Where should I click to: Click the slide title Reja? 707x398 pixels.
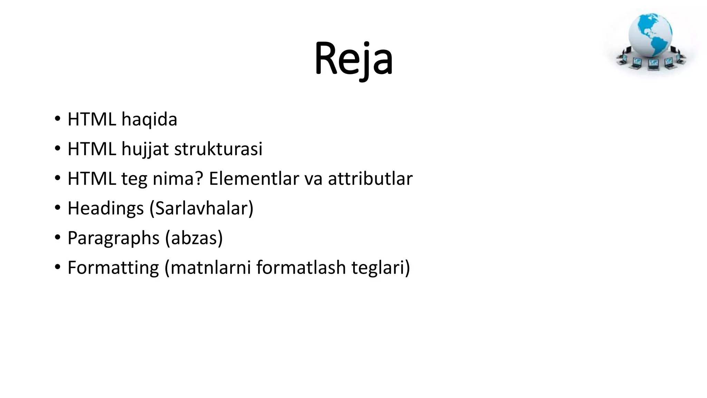point(353,59)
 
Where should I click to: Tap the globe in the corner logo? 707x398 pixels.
point(650,35)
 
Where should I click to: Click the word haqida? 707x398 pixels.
point(149,120)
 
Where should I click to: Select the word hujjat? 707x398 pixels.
point(145,149)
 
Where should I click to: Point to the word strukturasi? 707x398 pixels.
point(218,149)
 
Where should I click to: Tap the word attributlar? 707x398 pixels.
point(370,179)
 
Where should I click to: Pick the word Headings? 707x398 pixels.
point(106,209)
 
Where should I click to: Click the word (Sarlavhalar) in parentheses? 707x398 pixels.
point(202,209)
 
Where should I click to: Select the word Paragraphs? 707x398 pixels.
point(114,238)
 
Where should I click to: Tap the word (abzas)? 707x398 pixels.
point(194,238)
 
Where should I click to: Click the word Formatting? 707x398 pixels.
point(113,268)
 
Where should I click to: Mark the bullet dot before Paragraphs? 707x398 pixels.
point(57,238)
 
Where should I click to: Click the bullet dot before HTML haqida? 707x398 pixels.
point(57,119)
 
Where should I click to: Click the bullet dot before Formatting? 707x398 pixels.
point(57,267)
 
